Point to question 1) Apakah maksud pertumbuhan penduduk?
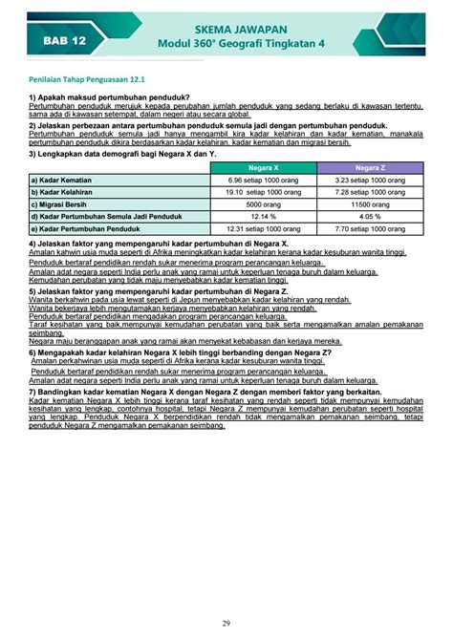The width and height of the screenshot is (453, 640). [x=109, y=98]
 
